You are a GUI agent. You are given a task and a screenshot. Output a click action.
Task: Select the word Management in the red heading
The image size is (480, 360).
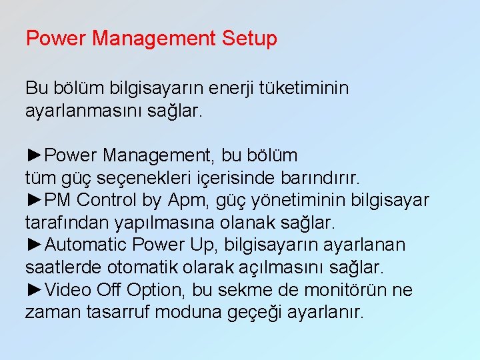tap(154, 39)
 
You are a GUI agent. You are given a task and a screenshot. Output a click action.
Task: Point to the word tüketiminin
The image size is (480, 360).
tap(308, 88)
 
